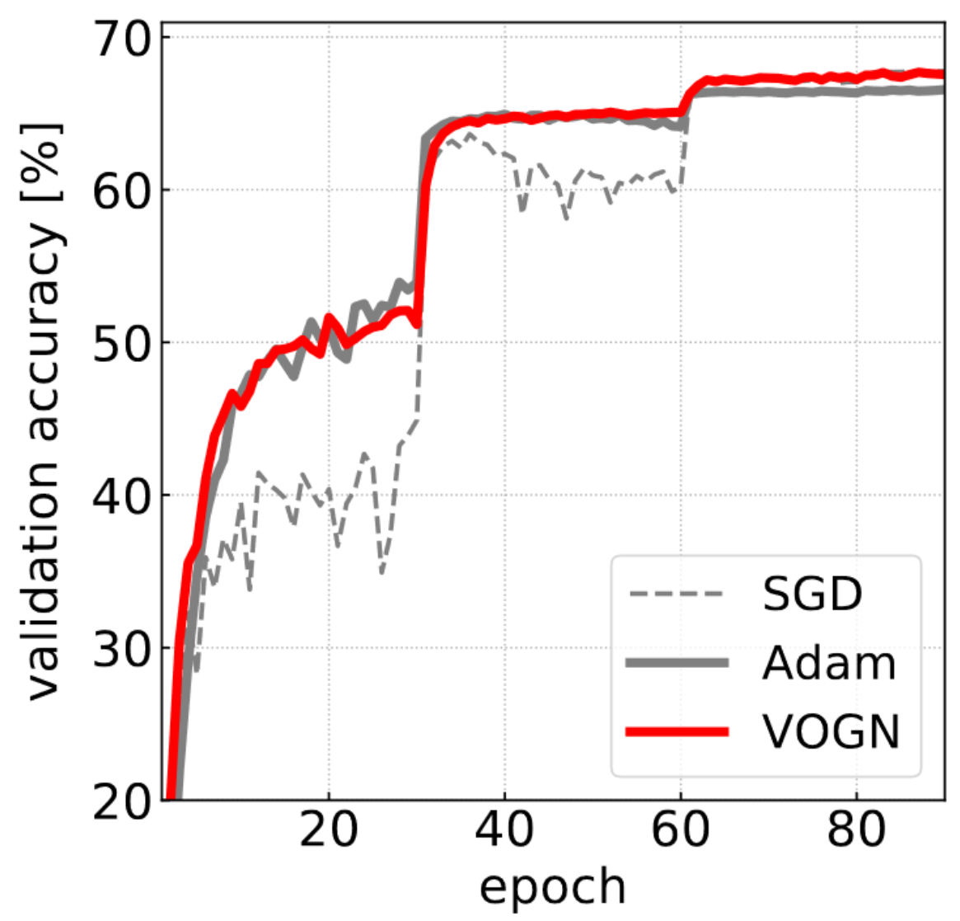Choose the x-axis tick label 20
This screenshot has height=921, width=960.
329,830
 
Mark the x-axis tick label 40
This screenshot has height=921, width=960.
504,830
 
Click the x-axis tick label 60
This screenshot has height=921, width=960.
681,830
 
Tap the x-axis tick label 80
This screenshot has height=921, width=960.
856,830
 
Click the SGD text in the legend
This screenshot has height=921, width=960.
812,594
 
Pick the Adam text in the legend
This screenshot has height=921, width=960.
828,663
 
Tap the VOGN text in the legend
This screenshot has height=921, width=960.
831,731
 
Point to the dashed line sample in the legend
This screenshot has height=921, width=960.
676,594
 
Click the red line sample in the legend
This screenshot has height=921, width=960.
676,731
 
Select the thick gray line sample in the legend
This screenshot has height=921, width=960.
676,663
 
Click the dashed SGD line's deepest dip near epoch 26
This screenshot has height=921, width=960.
382,572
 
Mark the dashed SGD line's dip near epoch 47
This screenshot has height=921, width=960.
566,219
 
